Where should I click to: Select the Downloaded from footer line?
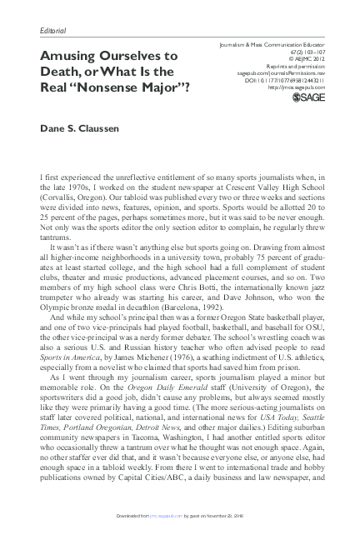[x=180, y=516]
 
